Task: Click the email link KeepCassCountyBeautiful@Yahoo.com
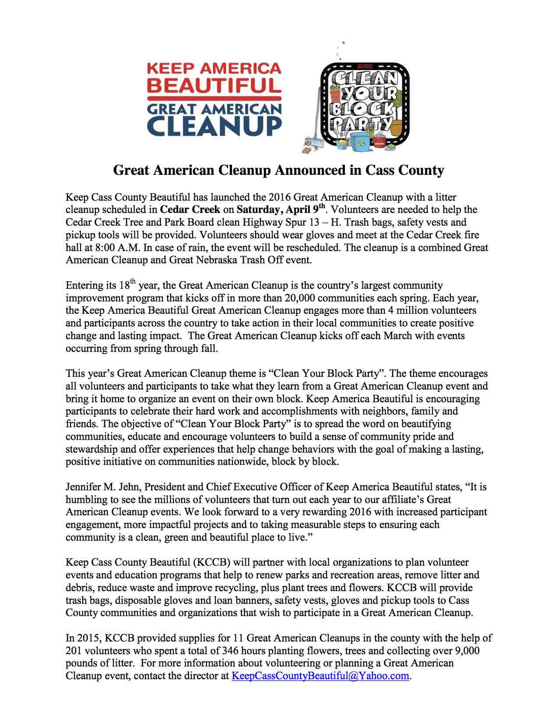coord(320,676)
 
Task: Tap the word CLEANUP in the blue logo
coord(214,125)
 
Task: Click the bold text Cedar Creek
coord(190,209)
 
